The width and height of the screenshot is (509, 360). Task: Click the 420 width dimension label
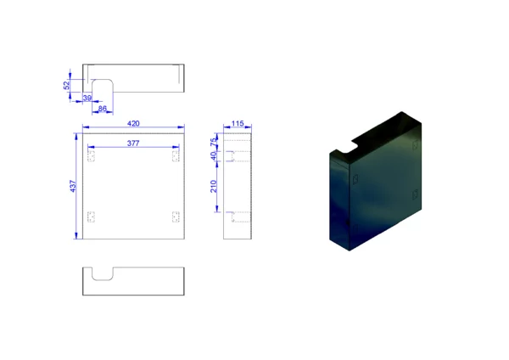click(133, 123)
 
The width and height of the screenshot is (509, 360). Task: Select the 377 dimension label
click(133, 143)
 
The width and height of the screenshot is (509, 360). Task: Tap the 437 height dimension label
click(73, 186)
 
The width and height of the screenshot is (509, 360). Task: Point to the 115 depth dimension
click(238, 123)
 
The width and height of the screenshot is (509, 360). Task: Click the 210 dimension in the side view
click(213, 187)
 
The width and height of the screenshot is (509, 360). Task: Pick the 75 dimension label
click(213, 142)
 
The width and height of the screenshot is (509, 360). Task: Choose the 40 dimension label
click(213, 155)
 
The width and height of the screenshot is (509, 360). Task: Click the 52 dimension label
click(66, 86)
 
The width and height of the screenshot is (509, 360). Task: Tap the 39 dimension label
click(87, 98)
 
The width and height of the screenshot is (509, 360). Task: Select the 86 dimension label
click(103, 109)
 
